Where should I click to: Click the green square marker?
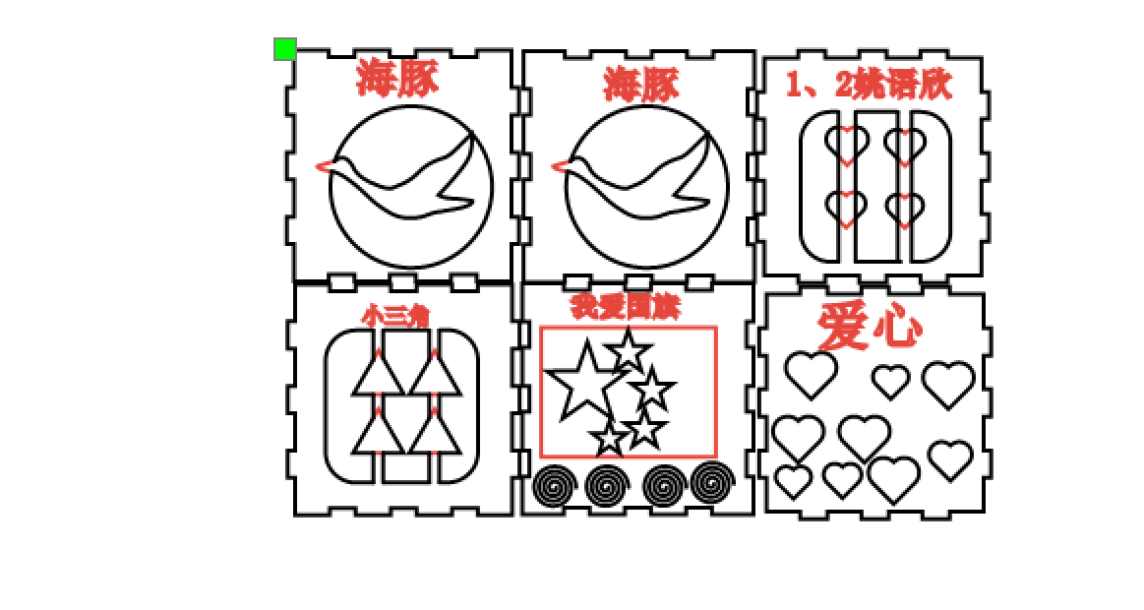point(285,49)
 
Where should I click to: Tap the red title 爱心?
point(870,327)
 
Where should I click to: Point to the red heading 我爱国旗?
point(626,308)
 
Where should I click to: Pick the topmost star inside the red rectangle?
point(627,350)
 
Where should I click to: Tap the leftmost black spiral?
point(555,485)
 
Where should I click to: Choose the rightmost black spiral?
point(712,482)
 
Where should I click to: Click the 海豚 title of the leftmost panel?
point(396,79)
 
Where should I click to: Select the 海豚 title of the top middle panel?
point(641,85)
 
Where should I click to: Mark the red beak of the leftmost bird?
point(323,165)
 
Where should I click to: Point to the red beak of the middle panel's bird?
point(559,166)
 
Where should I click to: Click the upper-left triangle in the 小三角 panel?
point(377,375)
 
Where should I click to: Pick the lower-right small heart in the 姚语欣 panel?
point(904,209)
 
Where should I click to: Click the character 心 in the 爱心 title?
point(897,328)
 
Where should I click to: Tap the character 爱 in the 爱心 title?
point(844,327)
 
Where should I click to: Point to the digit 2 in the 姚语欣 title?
point(844,86)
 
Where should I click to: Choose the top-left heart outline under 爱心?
point(811,374)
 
